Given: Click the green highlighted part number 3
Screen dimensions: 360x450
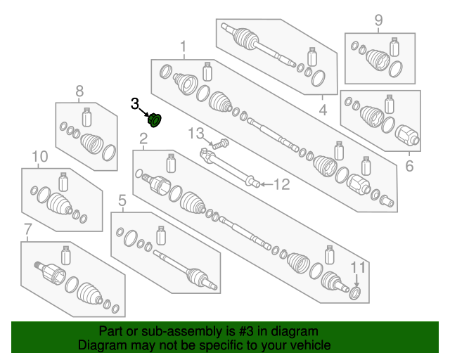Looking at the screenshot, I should (156, 120).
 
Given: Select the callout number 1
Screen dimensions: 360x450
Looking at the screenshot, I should (184, 48).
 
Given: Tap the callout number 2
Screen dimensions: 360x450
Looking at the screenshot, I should (143, 140).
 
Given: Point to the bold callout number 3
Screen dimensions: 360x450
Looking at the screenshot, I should (135, 104).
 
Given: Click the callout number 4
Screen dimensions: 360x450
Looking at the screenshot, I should (323, 110).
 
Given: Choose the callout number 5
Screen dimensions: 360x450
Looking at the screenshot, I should (121, 200).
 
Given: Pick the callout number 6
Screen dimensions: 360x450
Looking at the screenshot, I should (409, 167).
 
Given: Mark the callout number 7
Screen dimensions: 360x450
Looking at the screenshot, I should (28, 229).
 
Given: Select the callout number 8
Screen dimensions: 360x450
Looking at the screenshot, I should (79, 91).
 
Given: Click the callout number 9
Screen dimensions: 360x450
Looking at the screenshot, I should (378, 20).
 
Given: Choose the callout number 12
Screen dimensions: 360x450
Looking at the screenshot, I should (281, 186).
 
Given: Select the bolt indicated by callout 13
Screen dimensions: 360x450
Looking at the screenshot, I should (219, 144).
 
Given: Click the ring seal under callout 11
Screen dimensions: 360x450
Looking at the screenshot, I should (355, 291).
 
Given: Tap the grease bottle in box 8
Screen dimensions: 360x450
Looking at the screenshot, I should (88, 117).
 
